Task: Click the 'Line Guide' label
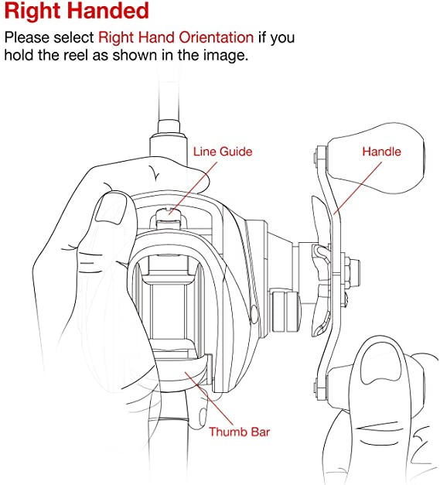pos(223,152)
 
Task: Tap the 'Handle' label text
pos(381,152)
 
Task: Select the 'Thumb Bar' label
pos(239,432)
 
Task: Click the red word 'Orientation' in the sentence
pos(217,37)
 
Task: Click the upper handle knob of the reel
pos(376,158)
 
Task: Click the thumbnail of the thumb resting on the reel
pos(111,209)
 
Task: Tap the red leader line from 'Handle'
pos(358,188)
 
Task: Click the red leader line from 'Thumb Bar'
pos(209,399)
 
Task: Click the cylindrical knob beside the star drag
pos(285,310)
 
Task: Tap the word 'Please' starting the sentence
pos(27,37)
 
